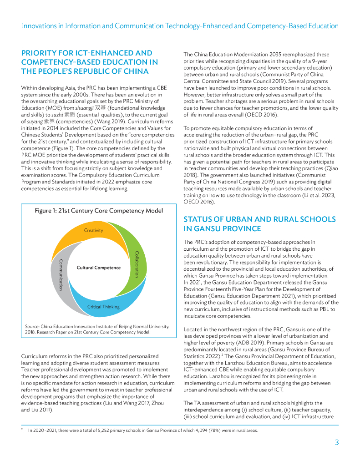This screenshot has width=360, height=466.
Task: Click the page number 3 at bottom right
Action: click(x=336, y=442)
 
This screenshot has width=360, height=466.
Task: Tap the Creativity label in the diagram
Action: click(x=93, y=230)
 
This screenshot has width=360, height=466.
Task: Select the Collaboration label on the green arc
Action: click(x=136, y=264)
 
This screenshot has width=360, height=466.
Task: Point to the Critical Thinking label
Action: click(x=103, y=307)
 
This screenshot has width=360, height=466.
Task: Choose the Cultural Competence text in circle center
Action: click(x=98, y=268)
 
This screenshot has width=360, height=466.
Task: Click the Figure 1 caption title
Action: click(x=99, y=210)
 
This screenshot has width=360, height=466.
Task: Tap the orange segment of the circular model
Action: click(x=73, y=237)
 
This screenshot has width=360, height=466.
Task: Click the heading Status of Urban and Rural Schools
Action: click(x=259, y=224)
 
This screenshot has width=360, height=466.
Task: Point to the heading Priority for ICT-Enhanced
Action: click(x=90, y=62)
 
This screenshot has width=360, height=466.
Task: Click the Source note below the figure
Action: click(x=97, y=329)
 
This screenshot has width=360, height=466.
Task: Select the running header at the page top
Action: click(x=180, y=26)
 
